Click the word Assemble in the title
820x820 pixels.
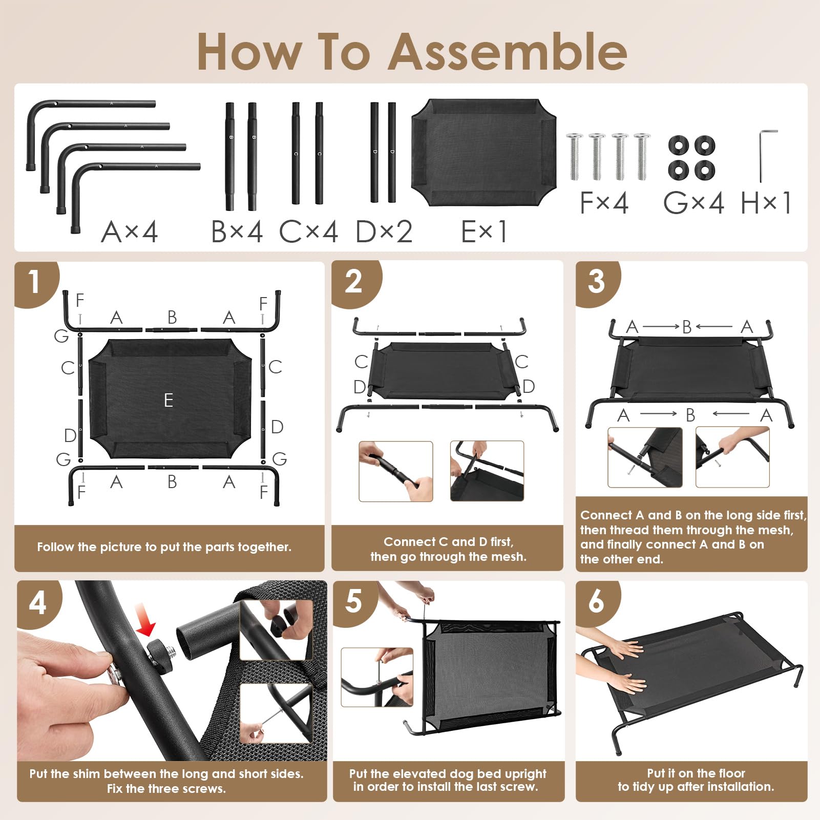coord(508,52)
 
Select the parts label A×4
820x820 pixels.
coord(130,232)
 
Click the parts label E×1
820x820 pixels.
coord(484,232)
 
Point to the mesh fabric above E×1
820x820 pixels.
coord(484,153)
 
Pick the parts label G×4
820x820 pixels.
coord(693,203)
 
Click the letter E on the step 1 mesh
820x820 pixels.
coord(169,400)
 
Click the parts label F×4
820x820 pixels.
coord(604,203)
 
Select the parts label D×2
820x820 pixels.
coord(384,232)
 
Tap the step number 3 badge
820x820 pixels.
coord(596,282)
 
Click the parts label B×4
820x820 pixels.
coord(237,232)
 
